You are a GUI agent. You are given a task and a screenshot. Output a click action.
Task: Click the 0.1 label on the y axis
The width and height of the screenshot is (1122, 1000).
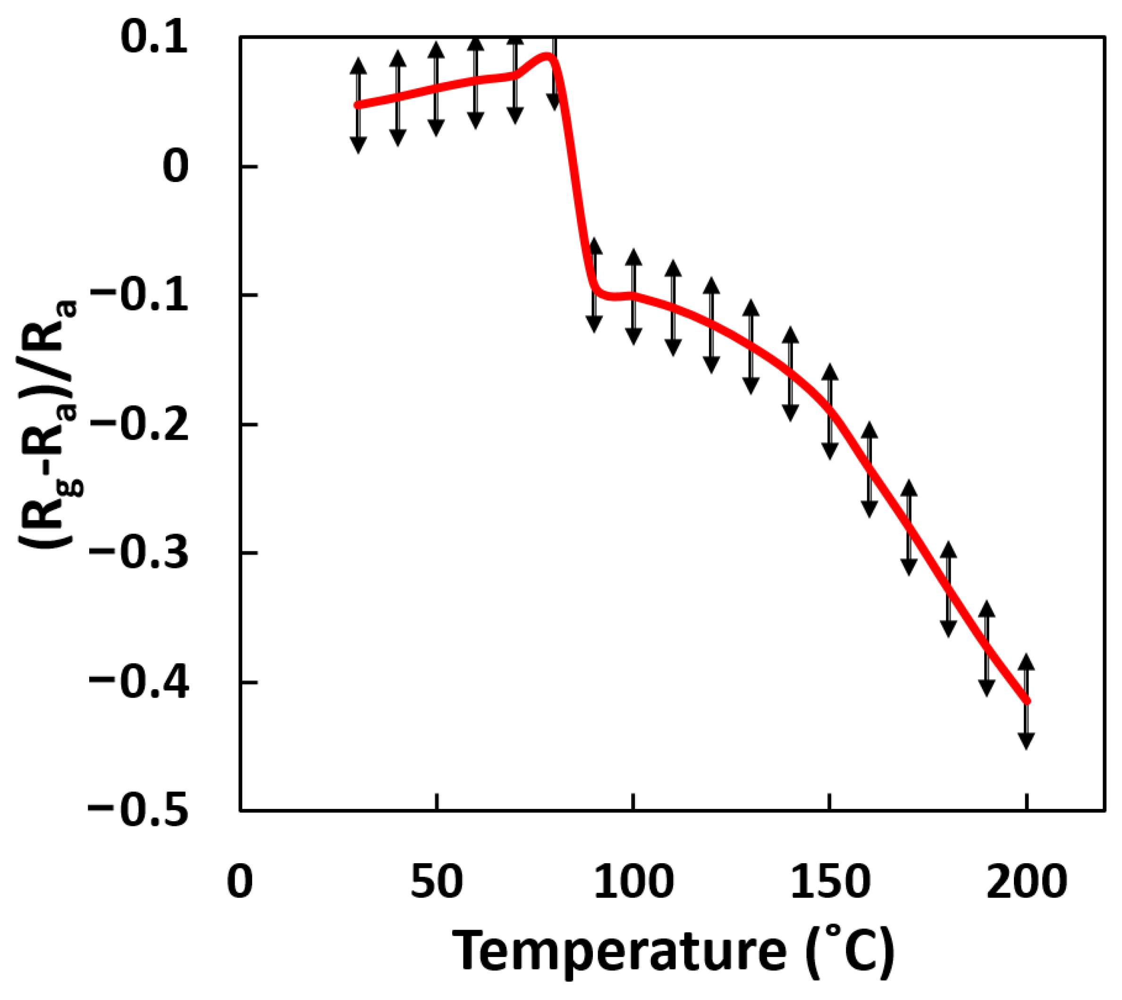(x=154, y=39)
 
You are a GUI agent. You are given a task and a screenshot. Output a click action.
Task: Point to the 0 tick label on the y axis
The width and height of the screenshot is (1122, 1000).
(x=176, y=167)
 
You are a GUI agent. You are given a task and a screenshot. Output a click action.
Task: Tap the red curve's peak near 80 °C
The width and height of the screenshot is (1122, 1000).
(x=547, y=56)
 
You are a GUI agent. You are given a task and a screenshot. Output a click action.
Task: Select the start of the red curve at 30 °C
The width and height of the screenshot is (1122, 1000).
(x=358, y=105)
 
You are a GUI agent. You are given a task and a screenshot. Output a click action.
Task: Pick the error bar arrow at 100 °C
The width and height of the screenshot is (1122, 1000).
(x=633, y=297)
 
